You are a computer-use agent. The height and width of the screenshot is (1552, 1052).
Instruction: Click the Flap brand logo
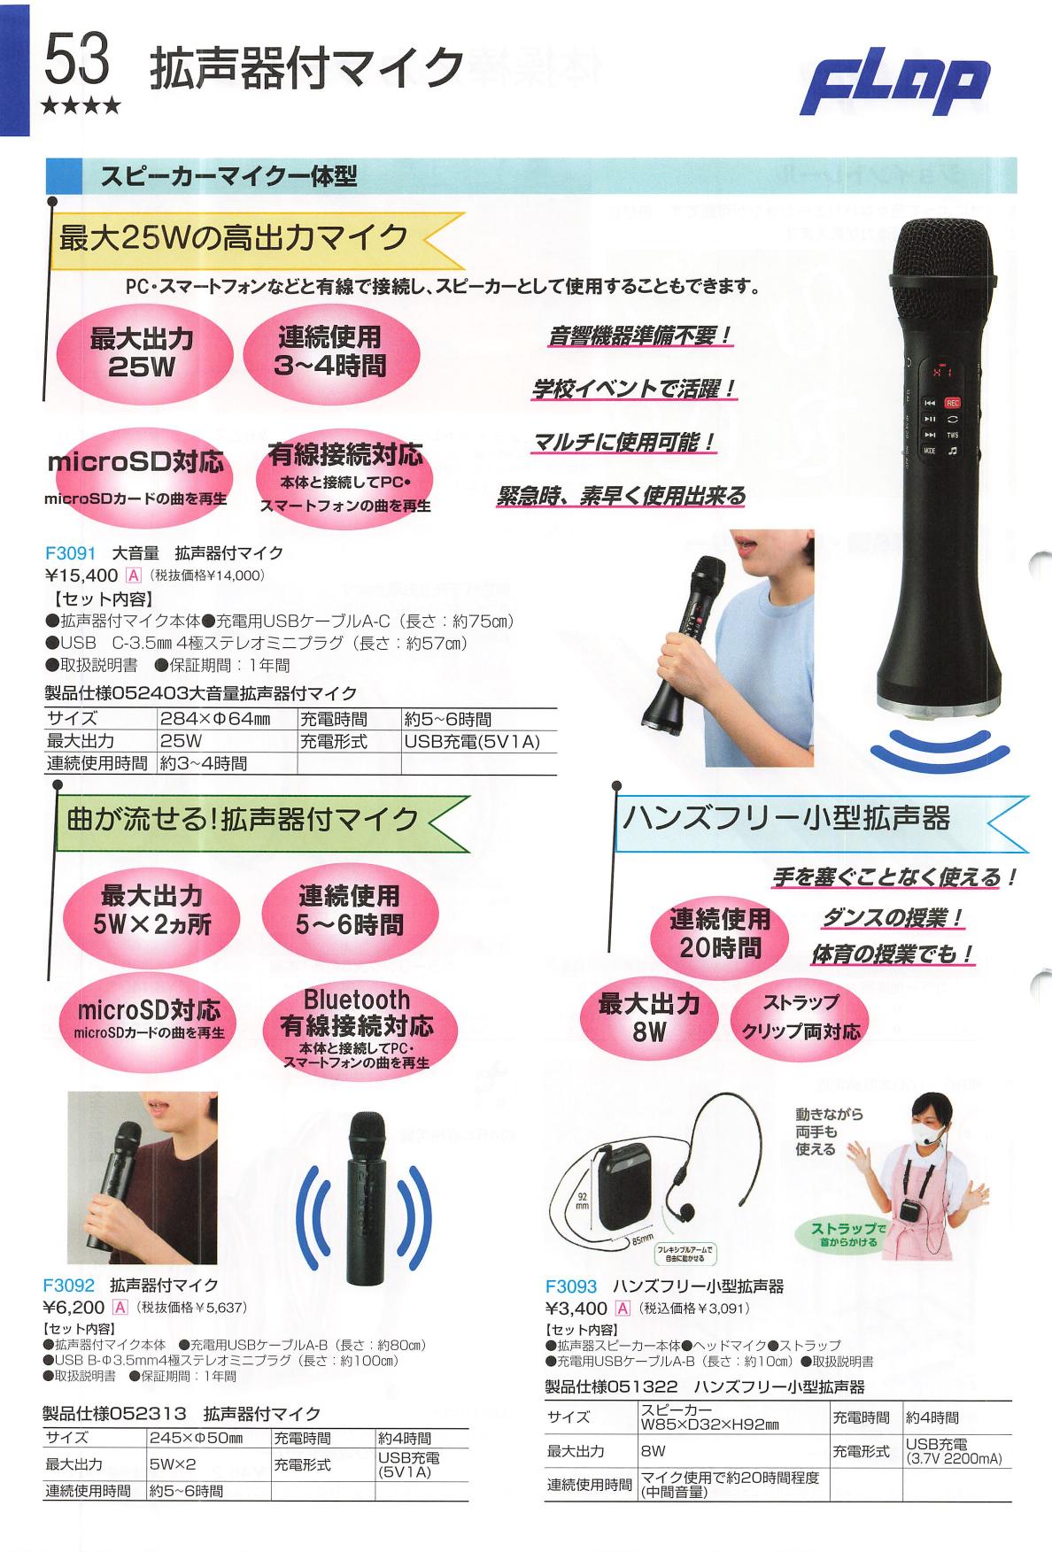pyautogui.click(x=895, y=88)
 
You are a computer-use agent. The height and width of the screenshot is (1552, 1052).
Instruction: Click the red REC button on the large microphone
pyautogui.click(x=953, y=402)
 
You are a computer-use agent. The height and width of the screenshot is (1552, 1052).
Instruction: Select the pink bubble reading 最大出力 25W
pyautogui.click(x=142, y=353)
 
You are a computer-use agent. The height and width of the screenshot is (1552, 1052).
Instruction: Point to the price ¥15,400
pyautogui.click(x=81, y=575)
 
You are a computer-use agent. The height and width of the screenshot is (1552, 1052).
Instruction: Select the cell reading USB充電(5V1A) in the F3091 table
pyautogui.click(x=472, y=741)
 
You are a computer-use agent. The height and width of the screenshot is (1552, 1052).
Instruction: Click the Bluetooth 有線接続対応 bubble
pyautogui.click(x=357, y=1027)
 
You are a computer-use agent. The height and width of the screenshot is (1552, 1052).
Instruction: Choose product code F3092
pyautogui.click(x=67, y=1285)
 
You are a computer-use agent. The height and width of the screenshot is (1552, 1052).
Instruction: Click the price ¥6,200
pyautogui.click(x=74, y=1308)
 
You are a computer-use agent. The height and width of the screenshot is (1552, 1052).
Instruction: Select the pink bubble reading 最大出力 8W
pyautogui.click(x=649, y=1017)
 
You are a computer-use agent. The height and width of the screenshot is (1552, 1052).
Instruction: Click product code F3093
pyautogui.click(x=571, y=1286)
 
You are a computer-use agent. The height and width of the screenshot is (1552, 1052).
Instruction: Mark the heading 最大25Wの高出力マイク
pyautogui.click(x=234, y=237)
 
